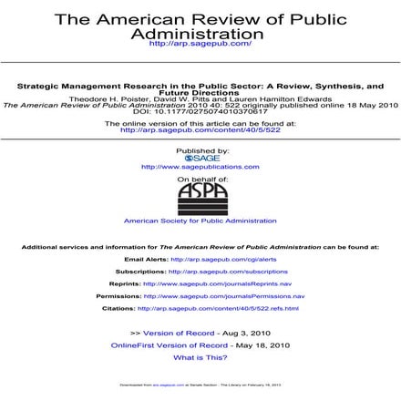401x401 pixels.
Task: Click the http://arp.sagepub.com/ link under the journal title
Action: (x=200, y=44)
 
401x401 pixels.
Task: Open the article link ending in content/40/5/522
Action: (x=200, y=129)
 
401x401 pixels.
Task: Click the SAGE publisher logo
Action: (x=200, y=158)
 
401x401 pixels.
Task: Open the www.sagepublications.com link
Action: (x=200, y=167)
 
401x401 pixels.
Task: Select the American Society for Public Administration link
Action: (x=200, y=221)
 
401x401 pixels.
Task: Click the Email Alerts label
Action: (x=146, y=259)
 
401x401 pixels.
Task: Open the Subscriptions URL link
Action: (x=228, y=271)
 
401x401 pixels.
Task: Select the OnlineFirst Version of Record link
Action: (x=170, y=345)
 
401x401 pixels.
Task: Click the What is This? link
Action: (x=200, y=358)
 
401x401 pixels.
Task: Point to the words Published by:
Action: (x=200, y=149)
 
